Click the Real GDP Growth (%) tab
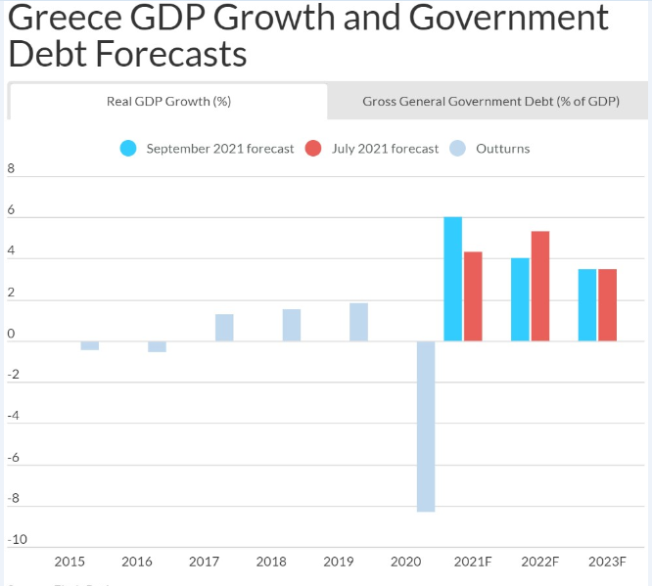click(x=168, y=101)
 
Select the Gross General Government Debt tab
click(x=490, y=101)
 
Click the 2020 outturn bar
click(x=426, y=426)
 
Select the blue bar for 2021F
click(x=453, y=279)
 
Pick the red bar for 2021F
click(x=473, y=296)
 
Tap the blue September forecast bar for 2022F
click(x=520, y=299)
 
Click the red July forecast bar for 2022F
click(x=539, y=286)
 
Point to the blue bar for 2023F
click(x=587, y=305)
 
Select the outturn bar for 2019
click(x=358, y=322)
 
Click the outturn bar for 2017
click(x=224, y=328)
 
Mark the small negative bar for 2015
click(x=90, y=345)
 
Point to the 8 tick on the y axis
click(x=12, y=168)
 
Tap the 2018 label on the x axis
click(x=271, y=562)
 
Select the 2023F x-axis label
click(x=607, y=562)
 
